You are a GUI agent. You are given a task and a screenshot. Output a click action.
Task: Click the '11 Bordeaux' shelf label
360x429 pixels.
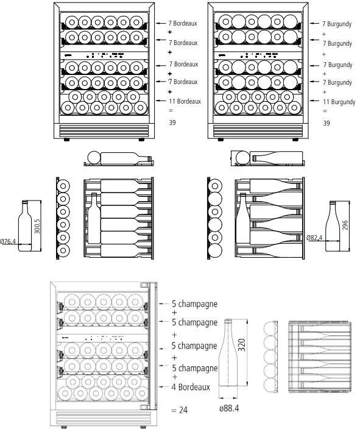185,101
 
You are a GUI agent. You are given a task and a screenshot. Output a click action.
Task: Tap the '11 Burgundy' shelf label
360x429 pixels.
339,102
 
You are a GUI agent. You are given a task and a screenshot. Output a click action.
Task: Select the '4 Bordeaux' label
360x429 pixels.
191,387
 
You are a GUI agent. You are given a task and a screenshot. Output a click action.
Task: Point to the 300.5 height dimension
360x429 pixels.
38,226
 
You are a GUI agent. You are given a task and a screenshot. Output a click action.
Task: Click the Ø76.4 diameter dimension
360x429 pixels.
8,241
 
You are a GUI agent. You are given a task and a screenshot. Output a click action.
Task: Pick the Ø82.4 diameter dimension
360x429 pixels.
314,238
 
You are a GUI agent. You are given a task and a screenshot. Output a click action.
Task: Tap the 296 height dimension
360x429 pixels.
345,225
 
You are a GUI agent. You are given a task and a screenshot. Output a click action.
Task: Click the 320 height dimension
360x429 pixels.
242,345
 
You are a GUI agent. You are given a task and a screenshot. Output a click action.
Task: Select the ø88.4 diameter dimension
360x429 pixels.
229,408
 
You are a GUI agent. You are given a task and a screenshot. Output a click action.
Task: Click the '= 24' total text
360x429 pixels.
180,410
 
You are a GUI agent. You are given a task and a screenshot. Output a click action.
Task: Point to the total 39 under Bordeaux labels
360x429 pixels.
172,122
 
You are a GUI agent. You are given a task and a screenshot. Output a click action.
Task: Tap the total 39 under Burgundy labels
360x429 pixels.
326,123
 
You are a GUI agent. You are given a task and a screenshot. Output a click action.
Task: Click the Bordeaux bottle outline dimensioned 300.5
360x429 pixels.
25,226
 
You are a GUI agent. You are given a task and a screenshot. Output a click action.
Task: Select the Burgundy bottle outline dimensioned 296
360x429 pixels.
333,226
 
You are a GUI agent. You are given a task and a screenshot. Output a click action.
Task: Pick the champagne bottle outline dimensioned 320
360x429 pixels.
228,352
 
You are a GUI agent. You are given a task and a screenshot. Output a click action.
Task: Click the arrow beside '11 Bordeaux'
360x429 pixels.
161,101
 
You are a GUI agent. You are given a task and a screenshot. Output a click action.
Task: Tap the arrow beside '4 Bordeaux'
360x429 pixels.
164,387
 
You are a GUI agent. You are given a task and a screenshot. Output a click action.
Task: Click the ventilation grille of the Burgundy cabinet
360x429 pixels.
258,131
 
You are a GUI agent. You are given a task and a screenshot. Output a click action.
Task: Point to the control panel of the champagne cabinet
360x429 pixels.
102,338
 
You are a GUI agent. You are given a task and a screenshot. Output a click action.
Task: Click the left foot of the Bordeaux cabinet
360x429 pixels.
66,140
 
